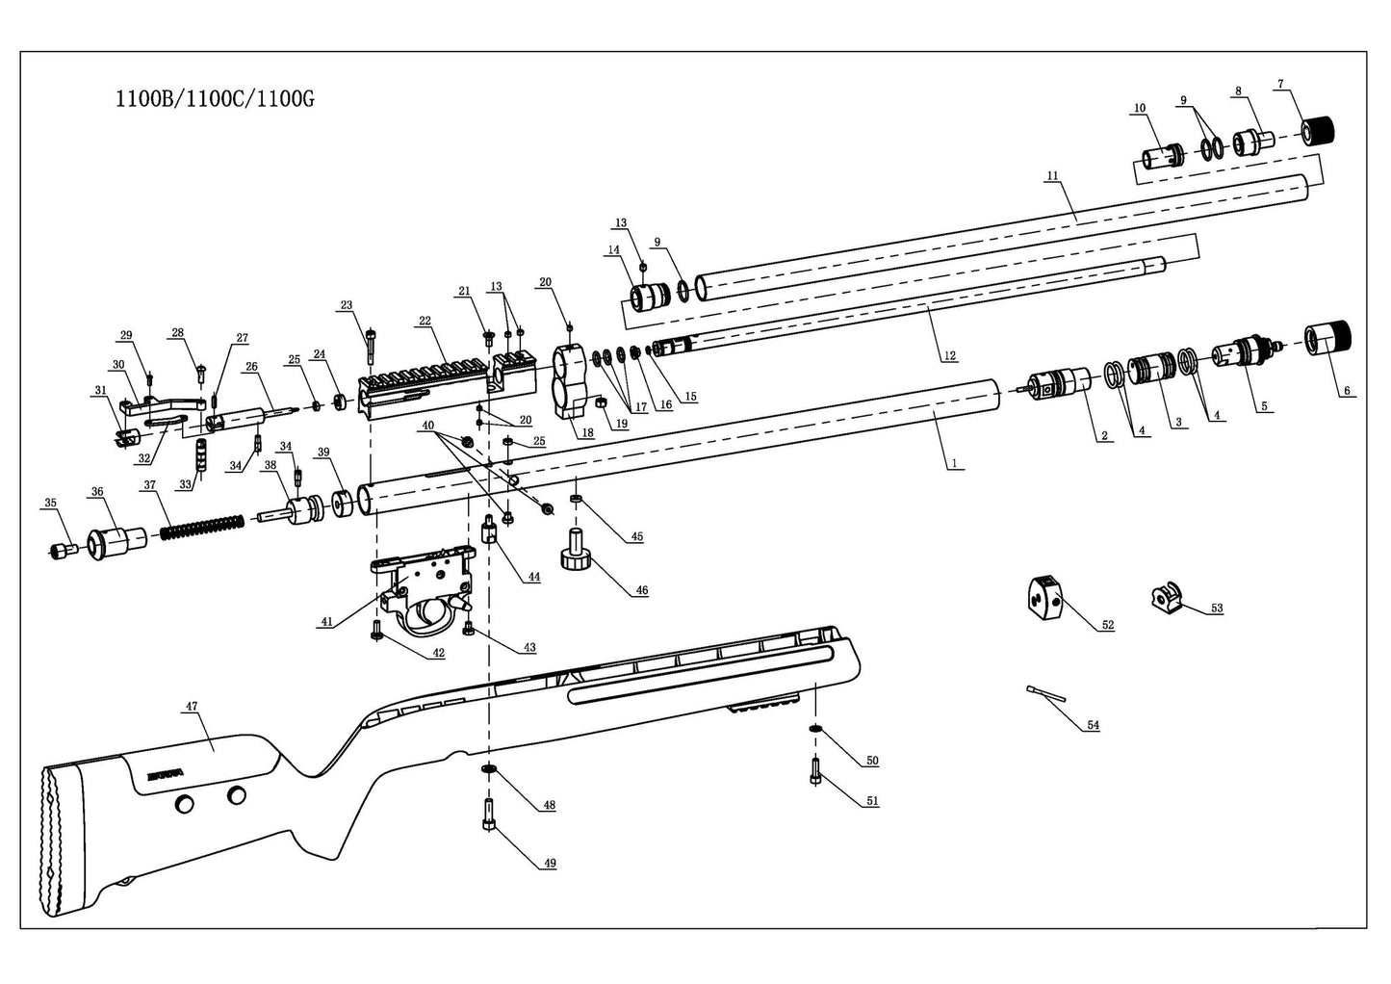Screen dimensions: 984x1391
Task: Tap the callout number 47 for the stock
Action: click(191, 707)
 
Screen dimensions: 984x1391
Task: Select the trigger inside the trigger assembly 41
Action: click(425, 614)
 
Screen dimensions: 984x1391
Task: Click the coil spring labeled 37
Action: click(202, 527)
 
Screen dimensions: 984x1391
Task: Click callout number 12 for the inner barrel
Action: click(949, 355)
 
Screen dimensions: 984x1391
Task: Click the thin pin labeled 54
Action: click(1045, 691)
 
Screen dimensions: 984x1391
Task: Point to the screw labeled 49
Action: click(489, 815)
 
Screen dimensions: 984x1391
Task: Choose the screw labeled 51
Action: click(815, 770)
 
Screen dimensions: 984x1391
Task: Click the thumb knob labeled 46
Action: click(575, 551)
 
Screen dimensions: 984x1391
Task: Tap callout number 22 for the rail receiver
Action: click(425, 321)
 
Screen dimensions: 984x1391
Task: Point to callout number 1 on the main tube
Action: click(953, 463)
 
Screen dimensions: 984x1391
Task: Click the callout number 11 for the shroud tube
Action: click(1051, 176)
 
